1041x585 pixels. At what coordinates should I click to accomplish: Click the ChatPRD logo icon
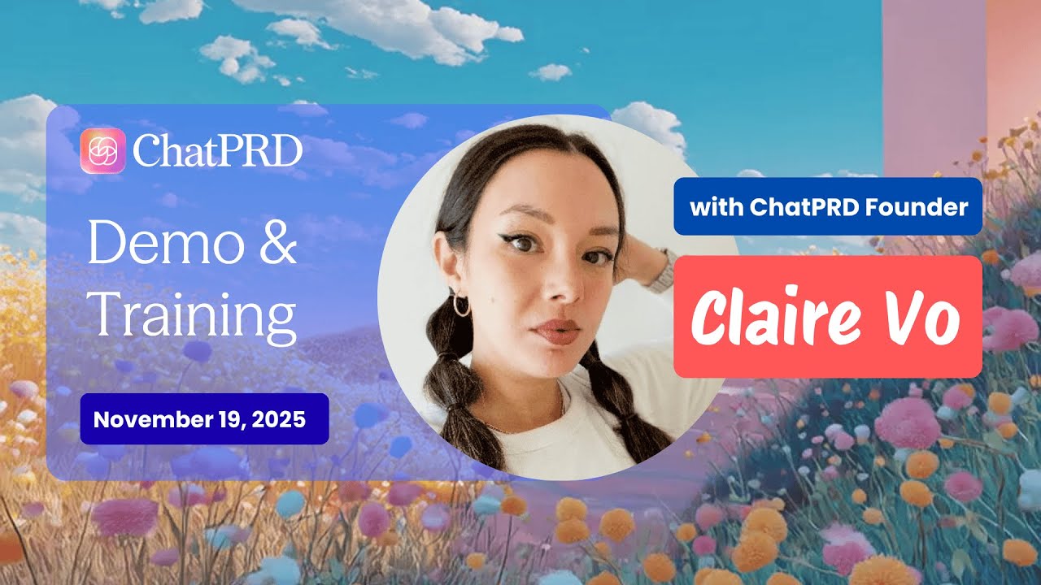click(x=102, y=151)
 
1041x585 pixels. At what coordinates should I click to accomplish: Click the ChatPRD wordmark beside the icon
click(x=217, y=151)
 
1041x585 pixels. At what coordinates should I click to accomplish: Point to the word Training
click(x=192, y=314)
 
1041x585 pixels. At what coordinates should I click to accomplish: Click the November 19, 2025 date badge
click(x=204, y=419)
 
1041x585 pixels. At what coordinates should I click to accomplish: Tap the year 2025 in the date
click(x=278, y=420)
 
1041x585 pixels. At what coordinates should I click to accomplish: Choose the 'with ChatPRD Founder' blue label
click(x=828, y=207)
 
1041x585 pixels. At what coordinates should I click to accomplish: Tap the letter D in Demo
click(x=104, y=245)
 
